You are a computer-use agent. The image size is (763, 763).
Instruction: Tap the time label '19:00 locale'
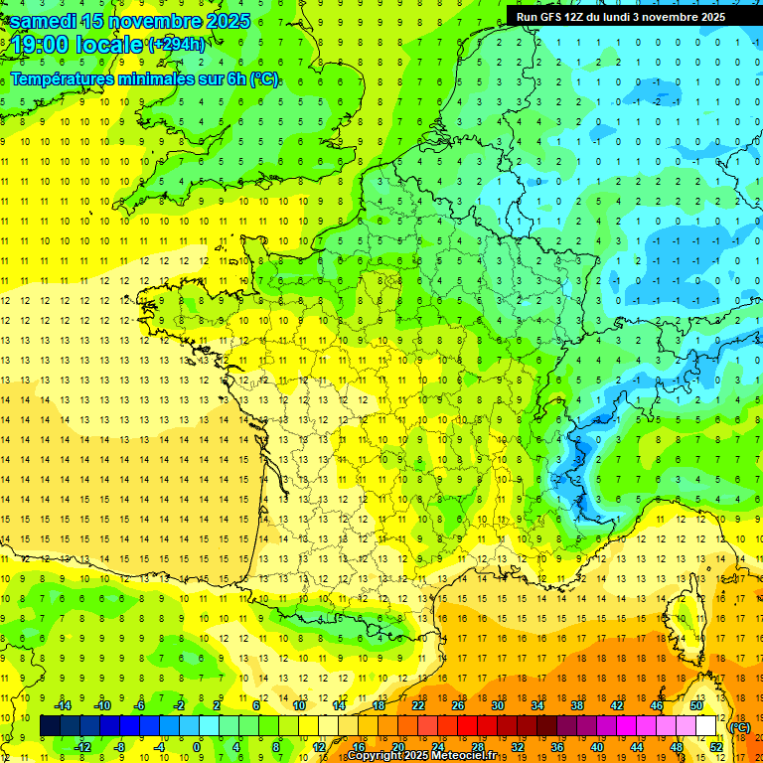click(76, 45)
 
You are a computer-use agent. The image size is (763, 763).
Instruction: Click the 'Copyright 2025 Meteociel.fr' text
click(422, 755)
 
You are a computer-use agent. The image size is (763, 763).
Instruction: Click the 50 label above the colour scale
click(696, 704)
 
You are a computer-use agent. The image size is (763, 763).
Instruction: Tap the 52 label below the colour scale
click(716, 746)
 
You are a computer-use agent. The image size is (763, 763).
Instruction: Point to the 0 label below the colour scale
click(197, 746)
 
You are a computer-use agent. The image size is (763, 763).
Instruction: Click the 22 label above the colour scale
click(418, 704)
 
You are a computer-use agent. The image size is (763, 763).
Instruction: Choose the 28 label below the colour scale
click(478, 746)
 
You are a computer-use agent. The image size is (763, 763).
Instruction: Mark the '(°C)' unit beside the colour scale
click(739, 727)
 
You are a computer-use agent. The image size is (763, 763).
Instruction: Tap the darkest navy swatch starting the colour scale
click(51, 726)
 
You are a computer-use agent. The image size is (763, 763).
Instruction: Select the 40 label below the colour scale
click(597, 746)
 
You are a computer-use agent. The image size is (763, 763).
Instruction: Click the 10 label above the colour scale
click(299, 704)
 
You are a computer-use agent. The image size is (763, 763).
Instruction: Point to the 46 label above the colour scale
click(657, 704)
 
